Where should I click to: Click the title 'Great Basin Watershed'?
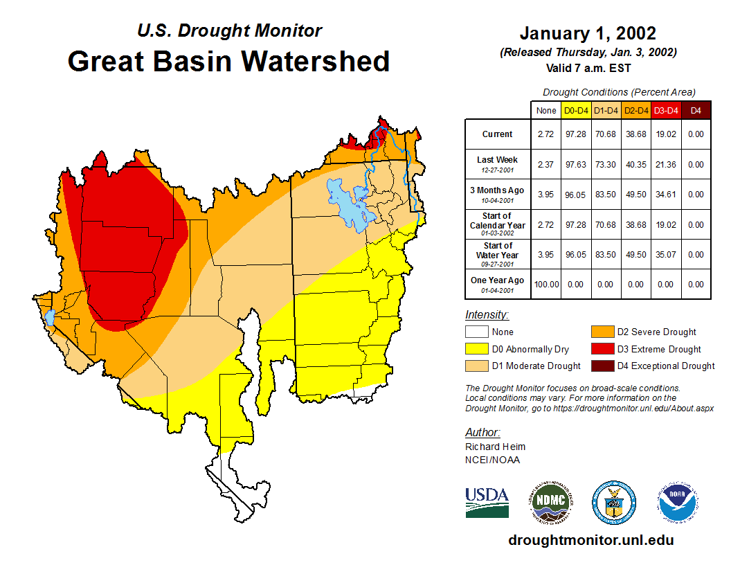(x=228, y=61)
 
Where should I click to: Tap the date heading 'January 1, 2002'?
(x=588, y=33)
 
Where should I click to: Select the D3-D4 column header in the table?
(x=666, y=110)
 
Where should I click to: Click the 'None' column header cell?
(x=545, y=110)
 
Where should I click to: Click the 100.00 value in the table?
(x=545, y=285)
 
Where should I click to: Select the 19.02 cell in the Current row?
(x=666, y=134)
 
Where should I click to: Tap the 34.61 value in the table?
(x=666, y=195)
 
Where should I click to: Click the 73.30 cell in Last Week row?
(x=606, y=165)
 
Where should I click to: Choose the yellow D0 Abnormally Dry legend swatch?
(x=476, y=349)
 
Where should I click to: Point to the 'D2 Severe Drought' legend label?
(x=656, y=332)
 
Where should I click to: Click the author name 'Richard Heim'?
(x=495, y=447)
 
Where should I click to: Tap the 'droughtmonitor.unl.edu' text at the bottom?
(x=590, y=540)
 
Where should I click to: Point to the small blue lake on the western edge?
(x=49, y=318)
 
